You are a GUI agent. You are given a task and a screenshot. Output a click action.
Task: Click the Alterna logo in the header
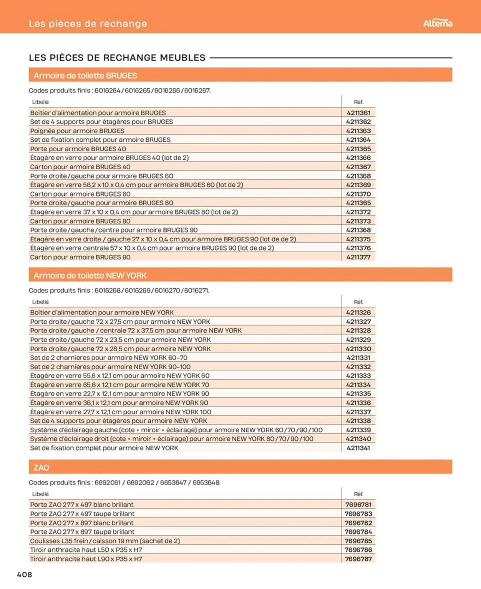click(x=437, y=23)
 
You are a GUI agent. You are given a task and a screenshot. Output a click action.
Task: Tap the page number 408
click(x=24, y=574)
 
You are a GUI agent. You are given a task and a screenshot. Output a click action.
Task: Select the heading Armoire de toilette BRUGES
click(x=85, y=76)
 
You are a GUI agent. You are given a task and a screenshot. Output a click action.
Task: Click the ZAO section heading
click(x=41, y=468)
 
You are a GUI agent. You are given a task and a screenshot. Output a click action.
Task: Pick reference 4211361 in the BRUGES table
click(x=358, y=113)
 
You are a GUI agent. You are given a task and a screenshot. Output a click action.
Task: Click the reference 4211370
click(x=358, y=194)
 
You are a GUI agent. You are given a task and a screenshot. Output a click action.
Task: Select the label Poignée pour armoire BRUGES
click(x=77, y=131)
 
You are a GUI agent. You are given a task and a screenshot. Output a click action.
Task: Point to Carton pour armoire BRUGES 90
click(x=80, y=257)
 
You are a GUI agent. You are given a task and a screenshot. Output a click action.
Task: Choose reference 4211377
click(x=358, y=257)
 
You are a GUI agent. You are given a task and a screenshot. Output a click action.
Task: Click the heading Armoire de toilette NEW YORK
click(x=90, y=276)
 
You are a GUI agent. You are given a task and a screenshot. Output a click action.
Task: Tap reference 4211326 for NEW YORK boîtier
click(x=358, y=312)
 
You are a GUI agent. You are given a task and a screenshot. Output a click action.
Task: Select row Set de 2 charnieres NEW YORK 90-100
click(x=110, y=367)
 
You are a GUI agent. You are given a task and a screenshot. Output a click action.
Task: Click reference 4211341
click(x=358, y=448)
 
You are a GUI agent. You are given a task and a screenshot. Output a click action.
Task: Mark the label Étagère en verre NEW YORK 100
click(x=120, y=412)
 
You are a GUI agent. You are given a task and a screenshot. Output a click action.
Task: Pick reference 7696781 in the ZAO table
click(x=358, y=505)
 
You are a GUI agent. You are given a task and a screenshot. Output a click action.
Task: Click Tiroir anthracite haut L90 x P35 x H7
click(x=86, y=559)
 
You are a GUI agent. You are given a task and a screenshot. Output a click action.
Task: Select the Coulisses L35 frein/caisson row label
click(x=105, y=541)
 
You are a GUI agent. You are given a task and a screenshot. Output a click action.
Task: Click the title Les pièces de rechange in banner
click(x=88, y=24)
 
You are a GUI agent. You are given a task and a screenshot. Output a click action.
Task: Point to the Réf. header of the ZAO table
click(x=358, y=494)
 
